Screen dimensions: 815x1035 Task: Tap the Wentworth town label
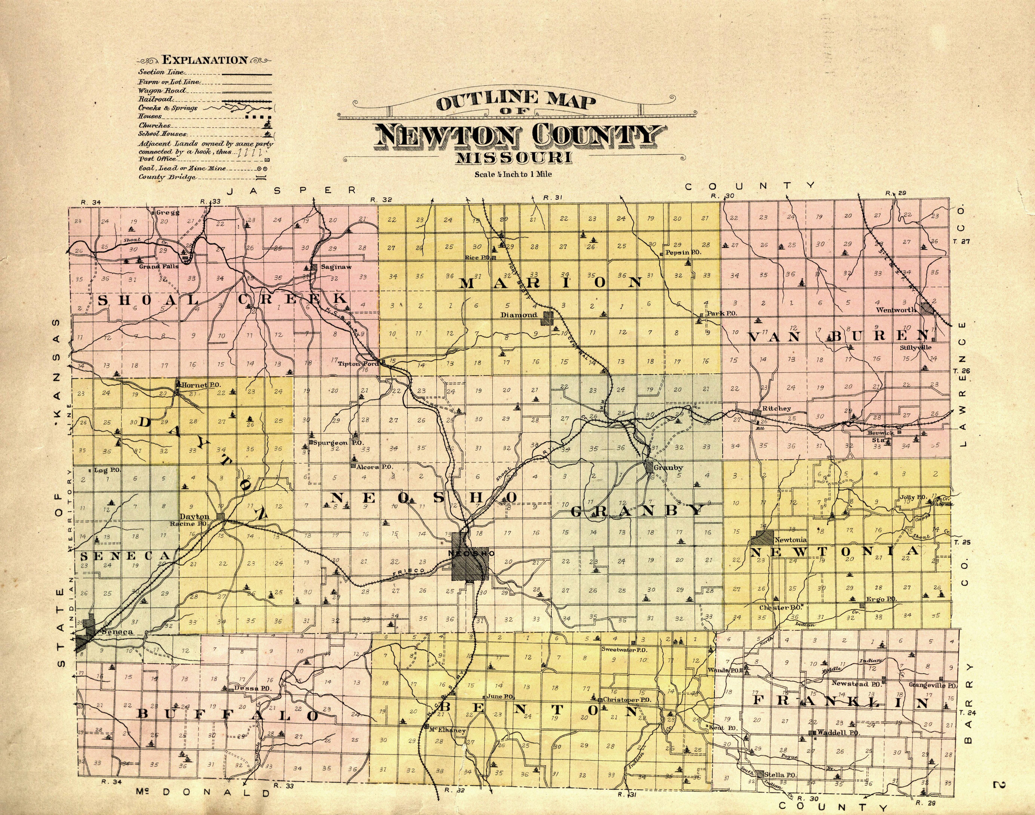896,310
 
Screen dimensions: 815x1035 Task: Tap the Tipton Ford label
358,364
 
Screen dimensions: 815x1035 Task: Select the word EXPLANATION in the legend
205,60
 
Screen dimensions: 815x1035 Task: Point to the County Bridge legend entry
167,177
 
